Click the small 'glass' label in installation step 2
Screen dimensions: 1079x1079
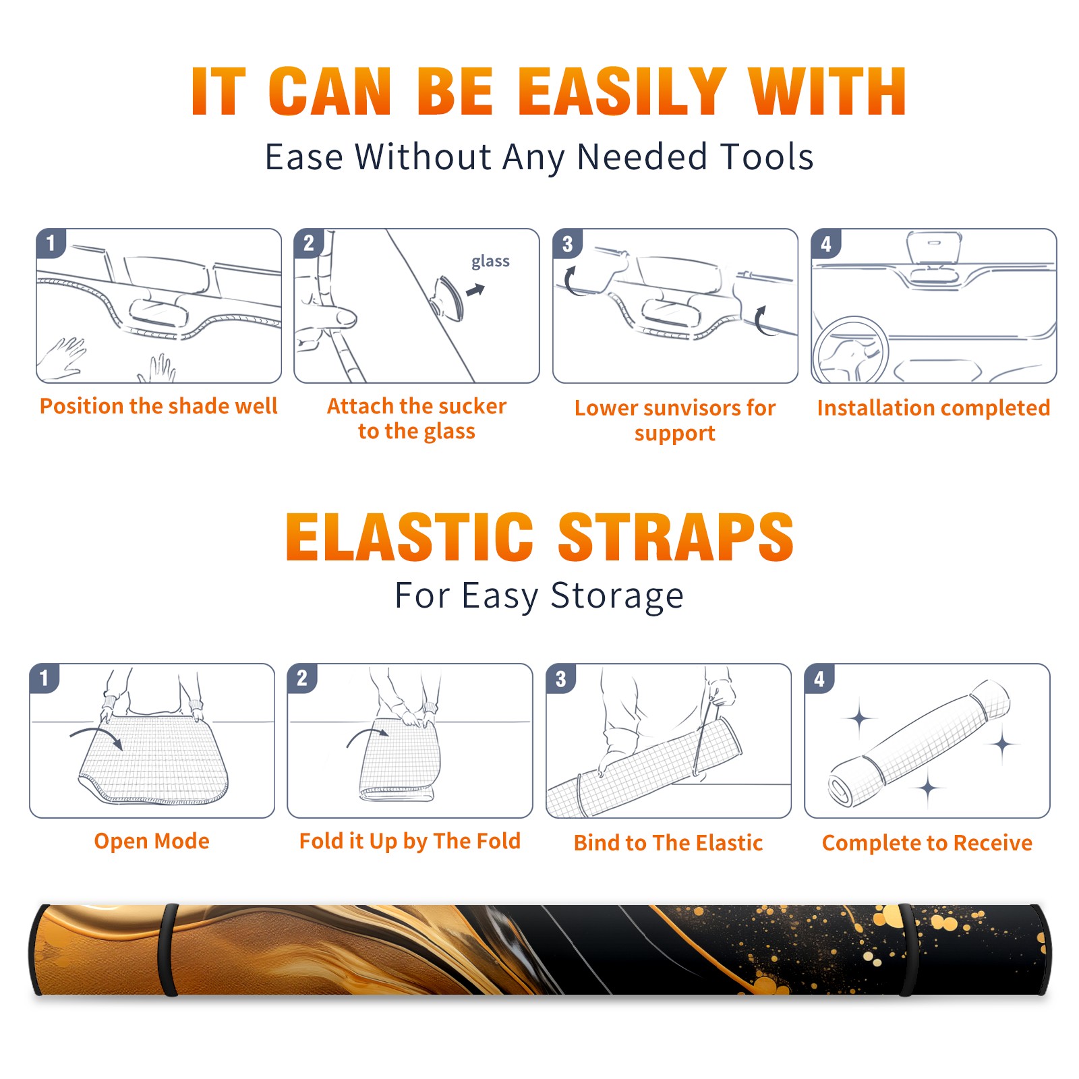490,262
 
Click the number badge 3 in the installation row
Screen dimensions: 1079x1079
567,243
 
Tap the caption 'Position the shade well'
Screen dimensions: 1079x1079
158,406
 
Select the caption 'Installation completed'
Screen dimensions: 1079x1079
933,408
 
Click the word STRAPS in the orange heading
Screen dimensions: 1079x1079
676,537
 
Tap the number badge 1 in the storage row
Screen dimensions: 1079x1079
45,678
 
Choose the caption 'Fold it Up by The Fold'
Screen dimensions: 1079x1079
410,841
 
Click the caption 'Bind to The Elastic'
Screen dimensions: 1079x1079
668,843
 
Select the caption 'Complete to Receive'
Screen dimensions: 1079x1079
927,843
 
